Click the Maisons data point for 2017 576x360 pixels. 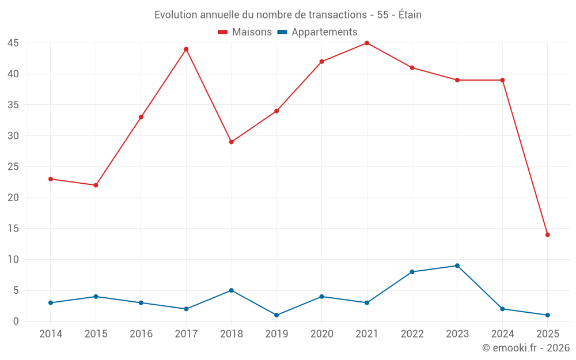pos(186,49)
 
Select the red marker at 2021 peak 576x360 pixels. pos(367,43)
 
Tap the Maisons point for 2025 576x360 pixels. pos(548,234)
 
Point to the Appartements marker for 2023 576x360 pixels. pos(457,266)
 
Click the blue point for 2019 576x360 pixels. pos(276,315)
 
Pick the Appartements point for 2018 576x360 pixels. pos(231,290)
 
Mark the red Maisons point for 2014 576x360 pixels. pos(51,179)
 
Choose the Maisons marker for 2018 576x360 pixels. pos(231,142)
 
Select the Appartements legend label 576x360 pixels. pos(324,32)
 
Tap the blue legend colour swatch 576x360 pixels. pos(282,32)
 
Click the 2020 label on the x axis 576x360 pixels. pos(321,334)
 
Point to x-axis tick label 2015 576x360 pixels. pos(96,334)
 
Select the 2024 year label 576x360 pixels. pos(502,334)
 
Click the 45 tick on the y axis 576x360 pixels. pos(13,43)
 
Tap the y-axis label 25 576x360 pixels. pos(13,167)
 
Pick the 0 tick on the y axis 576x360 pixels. pos(16,321)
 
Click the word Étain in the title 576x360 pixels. pos(410,14)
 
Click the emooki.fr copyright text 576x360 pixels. pos(526,348)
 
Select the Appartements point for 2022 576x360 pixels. pos(412,272)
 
